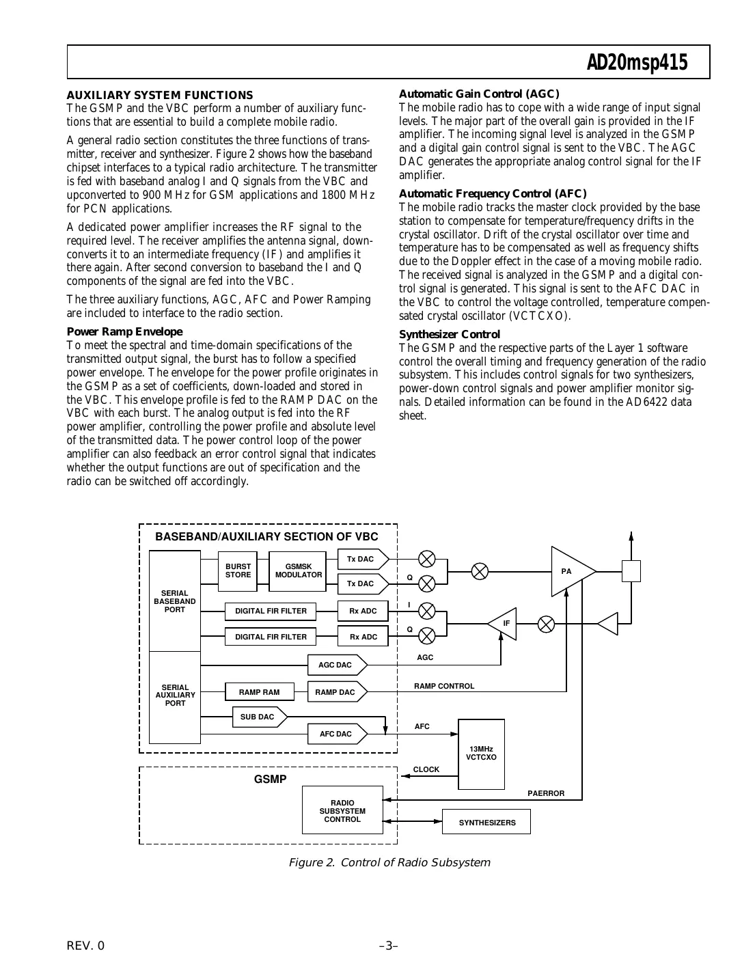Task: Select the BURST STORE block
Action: pos(238,571)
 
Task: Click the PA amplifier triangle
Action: pos(569,571)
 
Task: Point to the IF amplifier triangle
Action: pos(504,624)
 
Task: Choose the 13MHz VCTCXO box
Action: pos(481,754)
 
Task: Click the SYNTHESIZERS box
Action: pos(486,823)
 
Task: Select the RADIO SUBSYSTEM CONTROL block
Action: pos(342,810)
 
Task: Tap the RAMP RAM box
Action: pos(259,692)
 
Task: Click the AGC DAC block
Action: pos(336,665)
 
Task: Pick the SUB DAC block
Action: pos(258,717)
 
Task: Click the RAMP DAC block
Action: pos(336,692)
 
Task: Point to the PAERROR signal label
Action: pos(546,793)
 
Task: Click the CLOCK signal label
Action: pos(426,769)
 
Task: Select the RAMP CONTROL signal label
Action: pos(444,686)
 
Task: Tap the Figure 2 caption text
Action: pos(389,862)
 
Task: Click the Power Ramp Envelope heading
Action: pos(124,331)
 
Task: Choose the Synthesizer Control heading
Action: pos(450,334)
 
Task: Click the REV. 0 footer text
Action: pos(86,946)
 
